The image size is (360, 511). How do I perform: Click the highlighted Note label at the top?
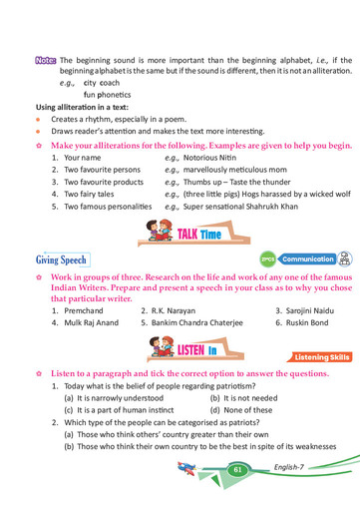coord(44,60)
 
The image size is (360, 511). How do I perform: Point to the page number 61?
coord(237,469)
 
